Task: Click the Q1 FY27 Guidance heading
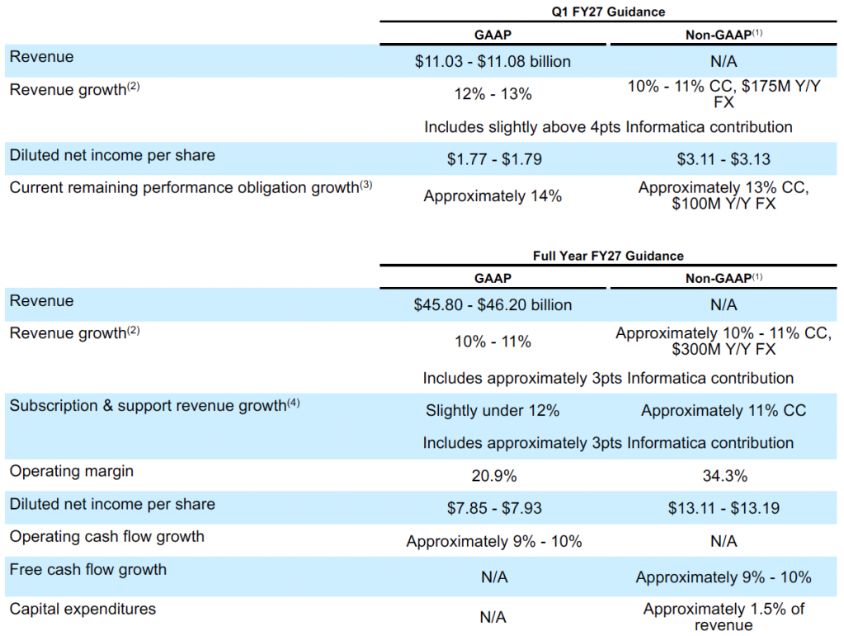[608, 12]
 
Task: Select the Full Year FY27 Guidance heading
[608, 256]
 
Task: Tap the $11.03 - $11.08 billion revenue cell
[493, 61]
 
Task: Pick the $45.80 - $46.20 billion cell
[493, 305]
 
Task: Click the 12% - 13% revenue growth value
[493, 94]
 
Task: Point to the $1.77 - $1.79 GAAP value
[493, 159]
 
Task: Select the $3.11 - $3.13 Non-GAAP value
[724, 159]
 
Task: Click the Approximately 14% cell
[493, 196]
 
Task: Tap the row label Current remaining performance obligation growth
[191, 187]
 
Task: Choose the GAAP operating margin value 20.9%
[493, 476]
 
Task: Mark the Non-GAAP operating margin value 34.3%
[724, 476]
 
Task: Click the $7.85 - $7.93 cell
[493, 508]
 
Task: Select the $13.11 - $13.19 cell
[724, 508]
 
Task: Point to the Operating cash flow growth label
[106, 537]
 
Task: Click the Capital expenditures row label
[83, 610]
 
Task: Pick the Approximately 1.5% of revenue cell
[724, 617]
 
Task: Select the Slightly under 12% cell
[493, 411]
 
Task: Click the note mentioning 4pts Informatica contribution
[608, 127]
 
